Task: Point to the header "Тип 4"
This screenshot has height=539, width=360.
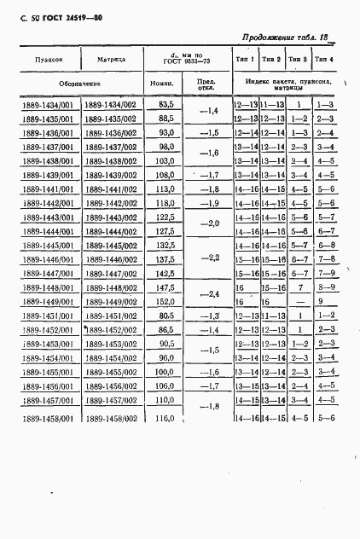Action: point(324,60)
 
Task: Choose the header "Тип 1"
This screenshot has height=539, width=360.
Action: point(247,60)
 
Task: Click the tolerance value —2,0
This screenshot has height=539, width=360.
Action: point(208,223)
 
